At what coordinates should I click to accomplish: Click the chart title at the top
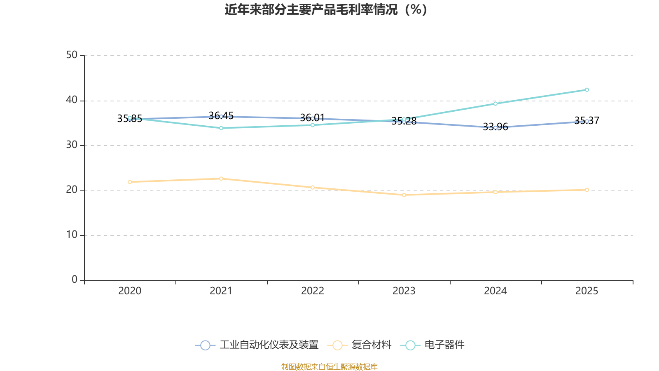(x=326, y=9)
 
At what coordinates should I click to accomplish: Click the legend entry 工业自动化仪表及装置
(x=257, y=345)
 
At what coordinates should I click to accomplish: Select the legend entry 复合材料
(x=360, y=345)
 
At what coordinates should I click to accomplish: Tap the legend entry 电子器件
(x=432, y=345)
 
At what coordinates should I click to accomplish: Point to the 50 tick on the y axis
(x=72, y=55)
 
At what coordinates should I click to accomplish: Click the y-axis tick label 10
(x=72, y=235)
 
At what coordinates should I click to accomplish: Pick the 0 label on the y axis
(x=75, y=280)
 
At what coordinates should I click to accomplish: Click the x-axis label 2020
(x=130, y=291)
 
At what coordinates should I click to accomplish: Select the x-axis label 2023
(x=404, y=291)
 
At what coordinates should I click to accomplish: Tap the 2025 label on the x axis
(x=587, y=291)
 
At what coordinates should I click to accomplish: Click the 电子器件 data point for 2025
(x=587, y=90)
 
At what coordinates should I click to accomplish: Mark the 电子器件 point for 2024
(x=495, y=103)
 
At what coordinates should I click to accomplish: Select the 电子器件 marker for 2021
(x=221, y=128)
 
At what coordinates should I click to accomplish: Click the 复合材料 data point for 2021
(x=221, y=178)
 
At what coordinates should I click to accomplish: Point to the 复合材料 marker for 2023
(x=404, y=195)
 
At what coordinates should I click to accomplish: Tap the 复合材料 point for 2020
(x=130, y=182)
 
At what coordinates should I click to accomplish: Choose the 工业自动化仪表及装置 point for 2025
(x=587, y=121)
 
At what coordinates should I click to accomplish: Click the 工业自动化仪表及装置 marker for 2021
(x=221, y=117)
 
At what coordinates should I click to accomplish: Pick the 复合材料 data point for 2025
(x=587, y=190)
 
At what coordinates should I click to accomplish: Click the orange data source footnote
(x=329, y=367)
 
